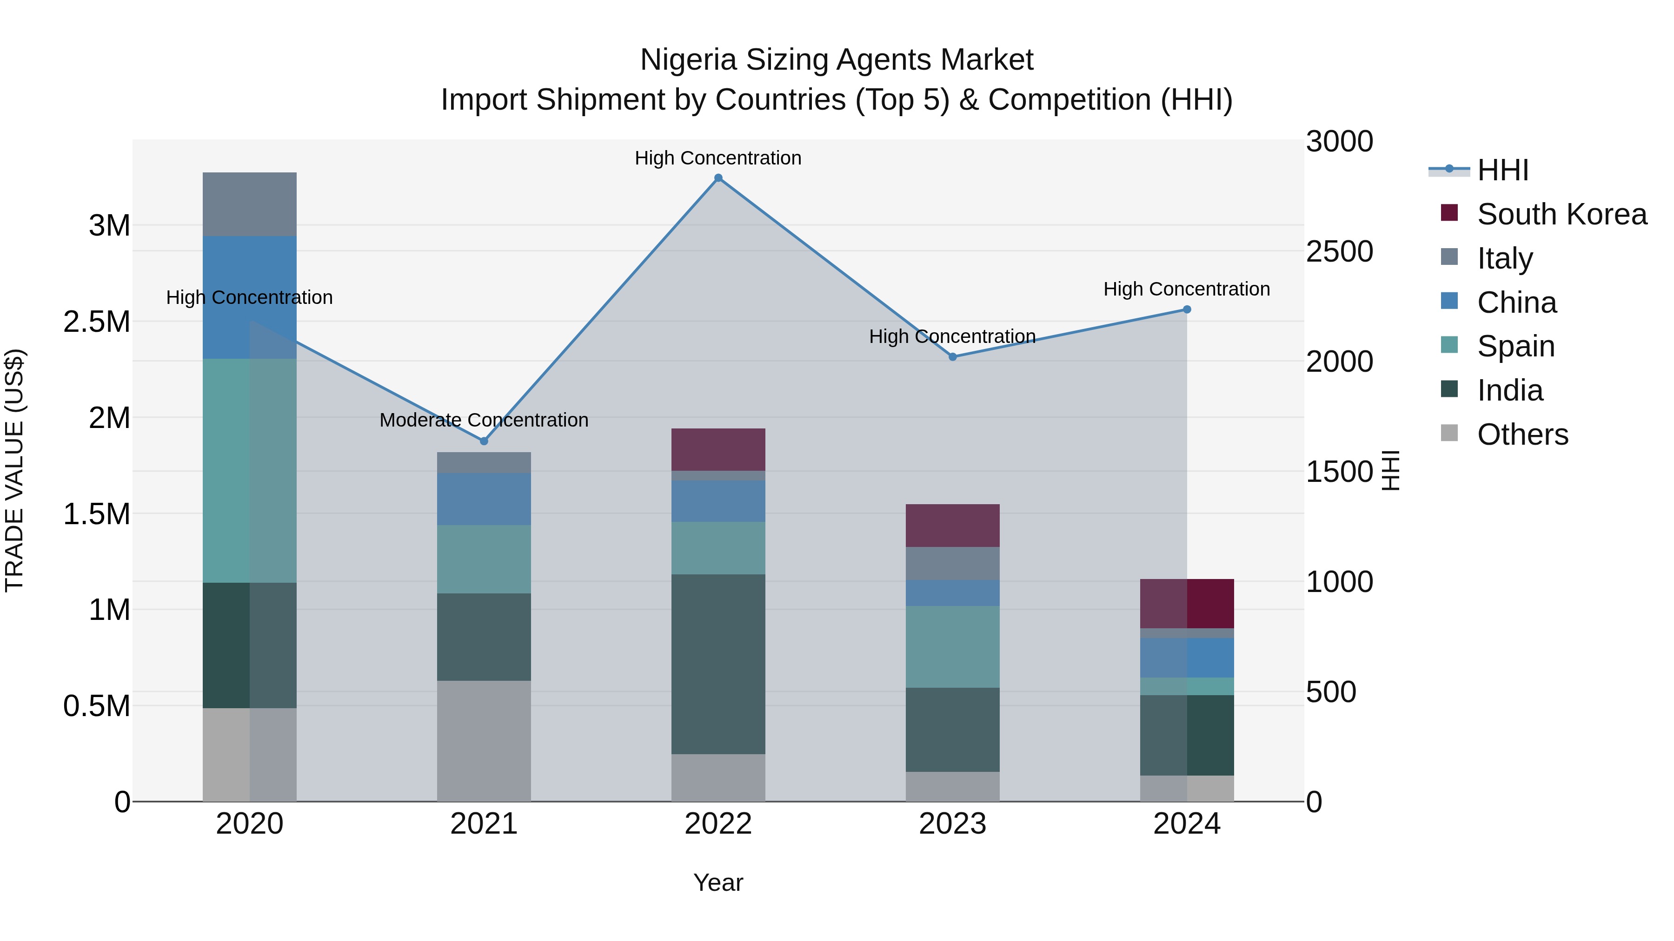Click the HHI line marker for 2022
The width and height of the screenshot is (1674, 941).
click(x=718, y=178)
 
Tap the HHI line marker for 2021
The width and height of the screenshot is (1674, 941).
click(x=484, y=441)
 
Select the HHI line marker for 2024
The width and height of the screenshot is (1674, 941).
click(x=1187, y=310)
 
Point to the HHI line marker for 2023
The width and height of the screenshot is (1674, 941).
click(x=953, y=356)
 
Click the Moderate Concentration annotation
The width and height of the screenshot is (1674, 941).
click(x=484, y=420)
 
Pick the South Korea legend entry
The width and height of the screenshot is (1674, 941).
click(x=1561, y=214)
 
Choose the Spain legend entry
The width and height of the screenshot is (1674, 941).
click(x=1515, y=346)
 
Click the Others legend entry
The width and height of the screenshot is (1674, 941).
click(x=1522, y=434)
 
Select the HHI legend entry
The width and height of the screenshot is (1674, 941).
click(x=1502, y=170)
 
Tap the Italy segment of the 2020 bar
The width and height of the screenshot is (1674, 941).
click(x=250, y=204)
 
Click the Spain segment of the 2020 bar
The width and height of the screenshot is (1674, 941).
click(x=250, y=470)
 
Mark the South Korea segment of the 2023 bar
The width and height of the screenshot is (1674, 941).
click(x=953, y=526)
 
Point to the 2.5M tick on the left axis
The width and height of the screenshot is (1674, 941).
click(x=97, y=322)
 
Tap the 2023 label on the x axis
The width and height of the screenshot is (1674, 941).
click(x=953, y=824)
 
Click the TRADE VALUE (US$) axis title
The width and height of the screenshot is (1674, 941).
click(x=14, y=470)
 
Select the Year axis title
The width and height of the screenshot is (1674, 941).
click(x=718, y=882)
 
